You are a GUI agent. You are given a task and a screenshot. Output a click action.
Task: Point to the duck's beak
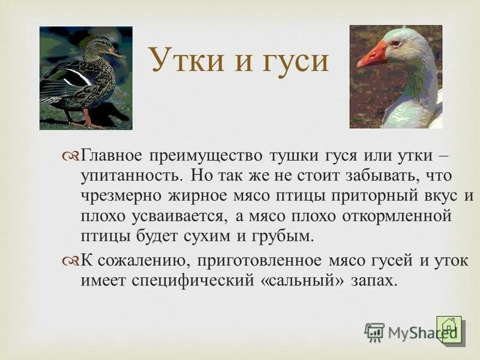(x=117, y=53)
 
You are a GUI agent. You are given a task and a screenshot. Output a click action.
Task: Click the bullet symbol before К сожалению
(x=70, y=261)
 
